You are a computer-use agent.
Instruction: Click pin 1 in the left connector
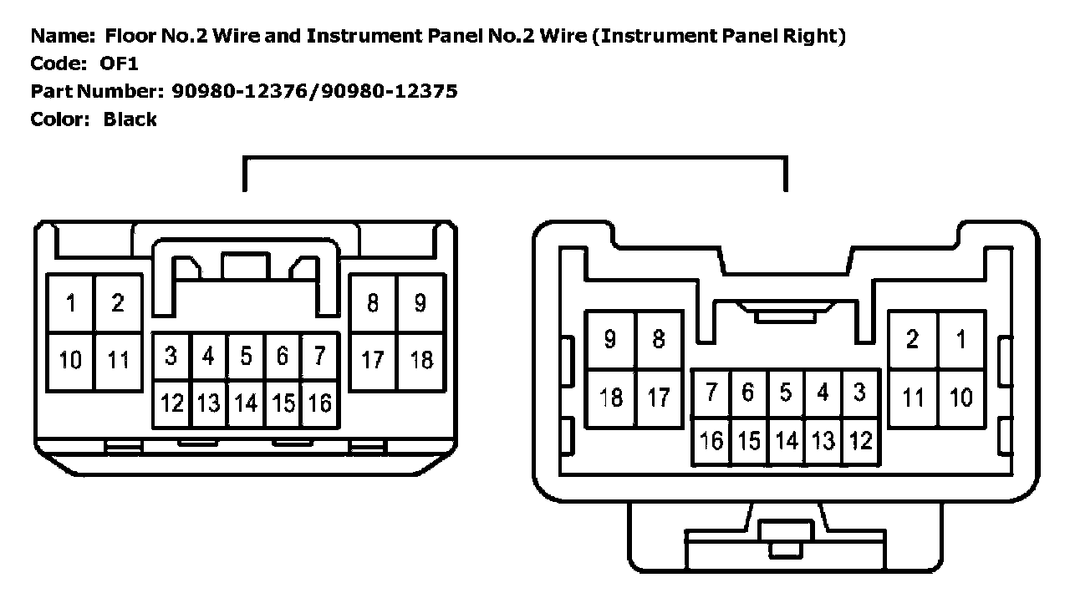(x=71, y=303)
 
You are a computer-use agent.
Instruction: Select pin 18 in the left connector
(x=421, y=360)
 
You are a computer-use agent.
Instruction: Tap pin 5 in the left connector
(x=246, y=357)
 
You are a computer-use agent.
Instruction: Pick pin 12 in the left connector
(x=171, y=403)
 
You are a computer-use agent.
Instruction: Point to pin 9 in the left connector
(x=420, y=302)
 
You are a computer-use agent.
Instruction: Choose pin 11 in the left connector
(x=118, y=361)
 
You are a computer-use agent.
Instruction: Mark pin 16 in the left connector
(x=319, y=403)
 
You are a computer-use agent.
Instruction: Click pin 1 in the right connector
(x=961, y=339)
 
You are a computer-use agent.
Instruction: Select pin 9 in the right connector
(x=610, y=339)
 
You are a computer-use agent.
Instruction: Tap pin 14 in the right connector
(x=786, y=440)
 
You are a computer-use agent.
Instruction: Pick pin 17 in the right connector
(x=659, y=398)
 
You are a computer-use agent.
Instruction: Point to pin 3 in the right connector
(x=859, y=393)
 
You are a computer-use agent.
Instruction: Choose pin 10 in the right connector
(x=961, y=398)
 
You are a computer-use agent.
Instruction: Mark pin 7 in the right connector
(x=711, y=393)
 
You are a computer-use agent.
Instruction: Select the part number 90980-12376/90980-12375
(x=314, y=91)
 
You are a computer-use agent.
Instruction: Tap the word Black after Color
(x=130, y=119)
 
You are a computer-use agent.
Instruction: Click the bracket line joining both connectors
(x=514, y=157)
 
